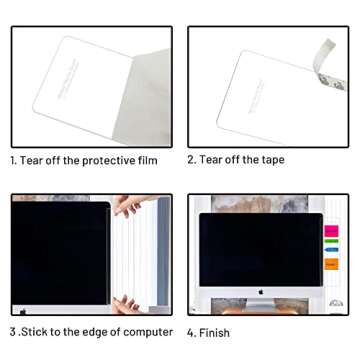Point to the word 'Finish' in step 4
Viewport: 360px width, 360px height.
[x=215, y=333]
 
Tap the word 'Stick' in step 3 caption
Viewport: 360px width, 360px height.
[x=32, y=332]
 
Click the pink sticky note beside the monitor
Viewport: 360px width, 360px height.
[x=331, y=231]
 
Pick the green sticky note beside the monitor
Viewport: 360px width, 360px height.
[x=331, y=255]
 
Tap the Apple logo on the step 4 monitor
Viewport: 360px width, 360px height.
[x=261, y=292]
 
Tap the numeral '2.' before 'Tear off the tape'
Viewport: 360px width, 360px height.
[x=191, y=160]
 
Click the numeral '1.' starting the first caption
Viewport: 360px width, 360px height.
[x=14, y=160]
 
